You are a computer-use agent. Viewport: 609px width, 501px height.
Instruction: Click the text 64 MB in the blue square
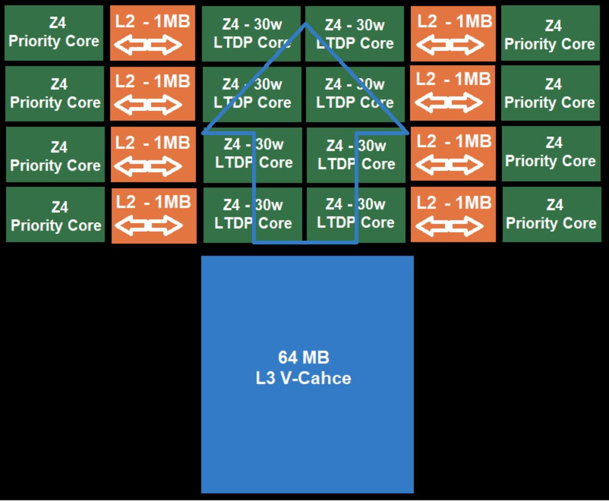tap(304, 358)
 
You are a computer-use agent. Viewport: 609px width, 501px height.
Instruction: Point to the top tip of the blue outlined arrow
tap(306, 24)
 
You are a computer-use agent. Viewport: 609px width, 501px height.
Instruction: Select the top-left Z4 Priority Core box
tap(54, 33)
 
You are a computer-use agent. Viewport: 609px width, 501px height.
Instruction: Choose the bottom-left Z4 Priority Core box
tap(56, 215)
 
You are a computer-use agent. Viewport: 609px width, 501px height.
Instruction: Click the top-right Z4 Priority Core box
tap(550, 33)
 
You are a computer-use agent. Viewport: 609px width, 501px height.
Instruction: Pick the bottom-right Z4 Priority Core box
tap(551, 215)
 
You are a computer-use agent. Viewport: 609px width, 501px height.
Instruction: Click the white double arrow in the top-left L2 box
tap(148, 45)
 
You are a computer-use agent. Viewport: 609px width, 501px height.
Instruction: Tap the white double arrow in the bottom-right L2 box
tap(450, 226)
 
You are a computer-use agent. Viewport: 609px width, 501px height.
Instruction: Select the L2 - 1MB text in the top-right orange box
tap(454, 21)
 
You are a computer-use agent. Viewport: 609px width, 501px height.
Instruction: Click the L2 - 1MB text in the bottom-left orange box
tap(153, 202)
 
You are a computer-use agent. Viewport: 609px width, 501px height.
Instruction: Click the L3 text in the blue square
tap(266, 378)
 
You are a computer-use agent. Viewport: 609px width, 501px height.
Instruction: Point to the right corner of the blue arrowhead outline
tap(407, 133)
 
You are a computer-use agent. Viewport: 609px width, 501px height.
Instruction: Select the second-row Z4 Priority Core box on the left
tap(55, 94)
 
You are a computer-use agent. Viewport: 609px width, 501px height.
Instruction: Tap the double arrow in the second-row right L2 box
tap(449, 102)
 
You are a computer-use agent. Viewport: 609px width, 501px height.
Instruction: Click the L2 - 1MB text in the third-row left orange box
tap(153, 143)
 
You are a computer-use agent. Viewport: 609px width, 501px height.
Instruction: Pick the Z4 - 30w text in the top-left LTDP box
tap(252, 24)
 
